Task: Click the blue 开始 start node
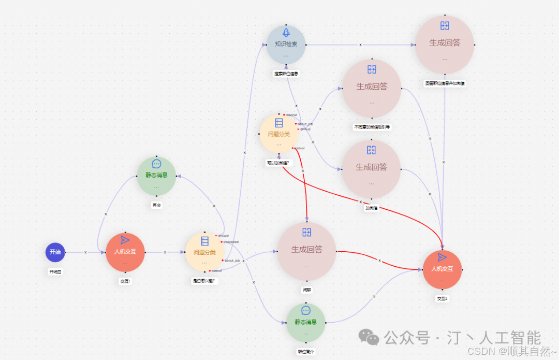(55, 252)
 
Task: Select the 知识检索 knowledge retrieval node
(286, 45)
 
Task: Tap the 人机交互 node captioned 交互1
(125, 252)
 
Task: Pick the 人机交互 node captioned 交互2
(442, 269)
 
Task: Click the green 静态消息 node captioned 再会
(156, 176)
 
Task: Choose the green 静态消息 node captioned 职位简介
(305, 322)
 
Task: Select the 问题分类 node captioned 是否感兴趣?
(204, 252)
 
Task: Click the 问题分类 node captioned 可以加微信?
(278, 134)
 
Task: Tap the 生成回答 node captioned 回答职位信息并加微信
(445, 45)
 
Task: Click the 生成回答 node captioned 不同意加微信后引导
(372, 88)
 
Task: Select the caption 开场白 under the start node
(55, 271)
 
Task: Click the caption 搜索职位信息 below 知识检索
(286, 74)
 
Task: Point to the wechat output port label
(292, 114)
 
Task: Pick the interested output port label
(230, 242)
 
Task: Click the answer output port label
(223, 236)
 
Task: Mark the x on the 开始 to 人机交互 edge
(86, 252)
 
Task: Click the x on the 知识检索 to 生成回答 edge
(361, 45)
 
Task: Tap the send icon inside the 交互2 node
(442, 257)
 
